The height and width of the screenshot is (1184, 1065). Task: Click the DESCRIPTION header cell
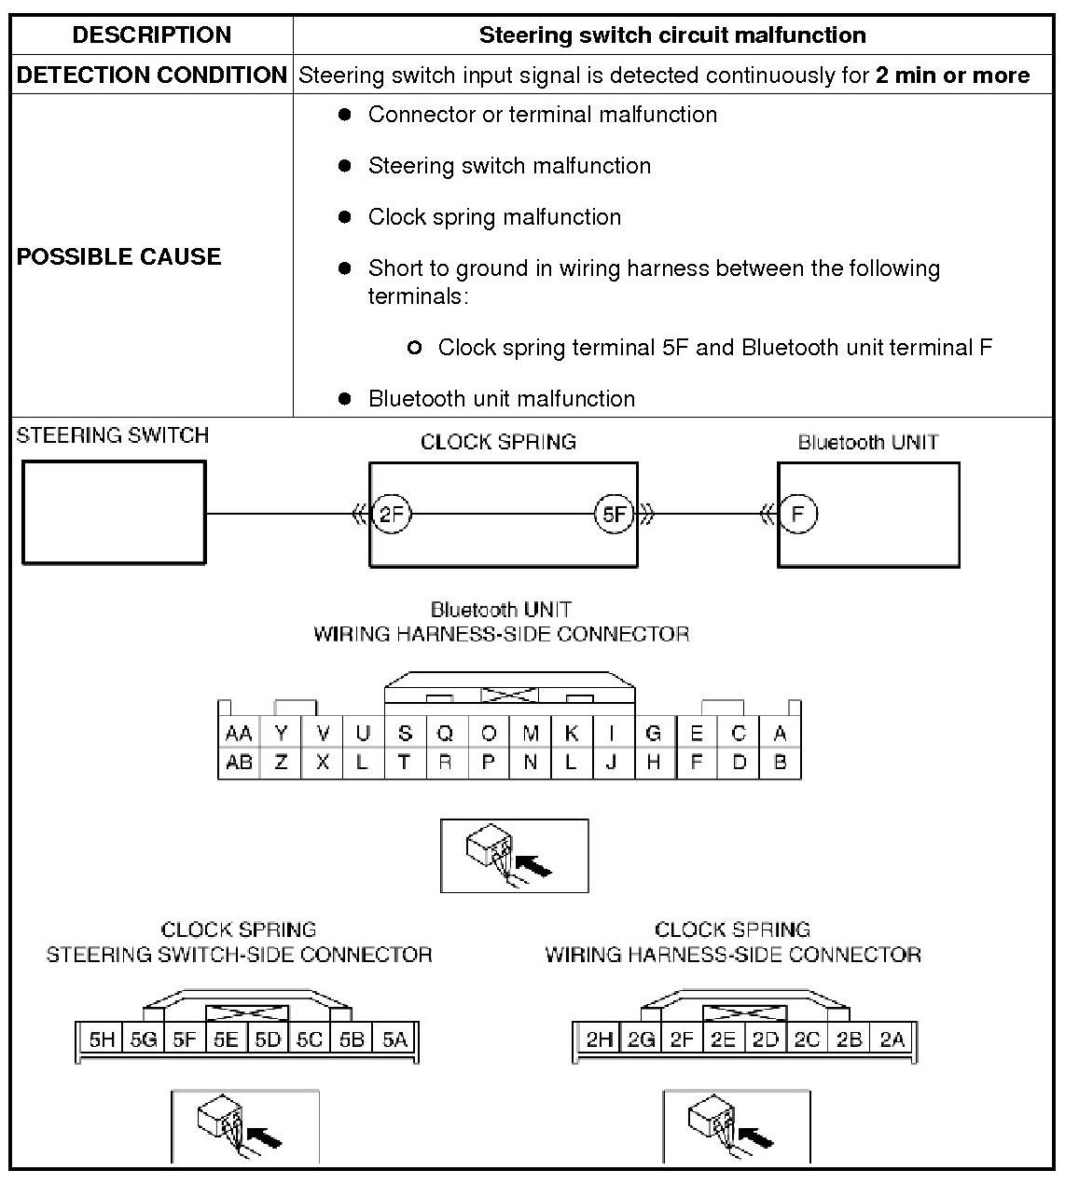click(x=152, y=35)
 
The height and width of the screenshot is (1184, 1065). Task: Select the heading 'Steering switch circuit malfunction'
click(x=672, y=35)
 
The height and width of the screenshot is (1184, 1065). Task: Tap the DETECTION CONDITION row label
click(x=152, y=76)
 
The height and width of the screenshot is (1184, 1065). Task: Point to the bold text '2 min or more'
click(x=952, y=76)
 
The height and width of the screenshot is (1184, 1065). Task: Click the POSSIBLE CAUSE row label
click(x=118, y=256)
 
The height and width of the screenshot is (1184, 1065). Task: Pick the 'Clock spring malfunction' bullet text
click(x=494, y=217)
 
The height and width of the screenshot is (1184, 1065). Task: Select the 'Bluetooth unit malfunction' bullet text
click(x=501, y=399)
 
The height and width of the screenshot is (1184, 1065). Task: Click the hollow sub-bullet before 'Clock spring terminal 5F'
click(x=415, y=349)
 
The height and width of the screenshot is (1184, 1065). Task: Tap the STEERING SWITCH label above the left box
click(x=113, y=435)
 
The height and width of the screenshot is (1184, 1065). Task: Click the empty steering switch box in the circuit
click(x=114, y=513)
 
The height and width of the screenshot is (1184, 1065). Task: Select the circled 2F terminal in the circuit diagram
click(x=391, y=514)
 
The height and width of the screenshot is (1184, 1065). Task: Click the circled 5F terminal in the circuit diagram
click(x=614, y=514)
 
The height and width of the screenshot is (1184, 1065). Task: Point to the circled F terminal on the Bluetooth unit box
click(x=797, y=514)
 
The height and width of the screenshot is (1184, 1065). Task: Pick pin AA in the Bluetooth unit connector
click(x=239, y=734)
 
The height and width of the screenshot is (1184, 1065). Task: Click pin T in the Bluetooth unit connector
click(x=404, y=762)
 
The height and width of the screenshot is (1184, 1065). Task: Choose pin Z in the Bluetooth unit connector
click(x=281, y=762)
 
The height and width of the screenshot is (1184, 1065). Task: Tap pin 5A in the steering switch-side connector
click(x=395, y=1039)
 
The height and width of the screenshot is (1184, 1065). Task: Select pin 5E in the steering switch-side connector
click(x=227, y=1039)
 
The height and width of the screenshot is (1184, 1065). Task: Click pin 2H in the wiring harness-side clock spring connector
click(x=599, y=1039)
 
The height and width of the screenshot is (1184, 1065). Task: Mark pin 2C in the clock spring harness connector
click(x=808, y=1039)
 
